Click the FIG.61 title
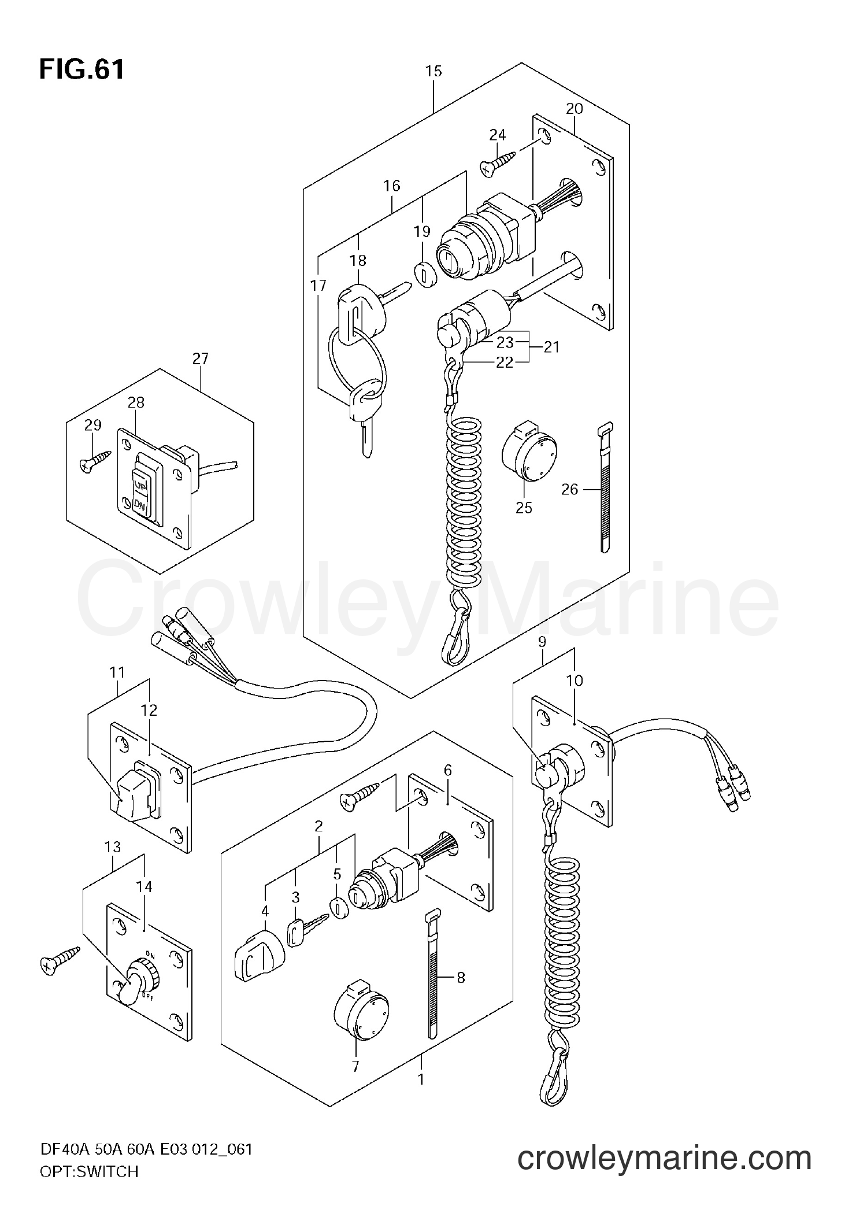coord(81,70)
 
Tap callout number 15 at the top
coord(433,71)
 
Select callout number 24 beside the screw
coord(497,135)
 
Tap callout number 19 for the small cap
coord(422,232)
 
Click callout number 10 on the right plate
coord(575,681)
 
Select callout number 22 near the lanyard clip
coord(505,363)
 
